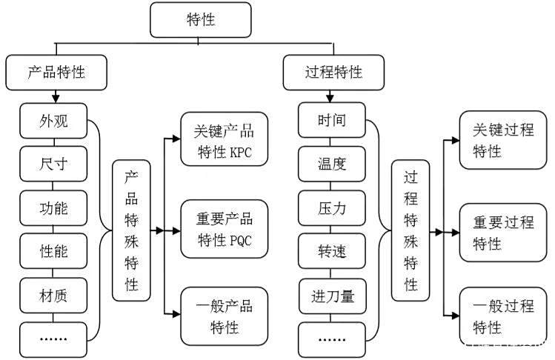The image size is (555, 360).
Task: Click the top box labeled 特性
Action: [x=201, y=20]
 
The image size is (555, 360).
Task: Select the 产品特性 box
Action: [x=56, y=72]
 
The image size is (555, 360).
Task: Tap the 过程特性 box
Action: [x=333, y=72]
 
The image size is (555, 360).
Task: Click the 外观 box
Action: [x=53, y=121]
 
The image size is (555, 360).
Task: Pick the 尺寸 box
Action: [x=53, y=164]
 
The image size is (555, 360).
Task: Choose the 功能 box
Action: [x=53, y=208]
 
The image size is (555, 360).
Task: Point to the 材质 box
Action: [x=53, y=296]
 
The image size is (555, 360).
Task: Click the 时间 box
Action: [x=332, y=120]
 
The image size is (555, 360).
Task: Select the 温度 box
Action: [x=332, y=164]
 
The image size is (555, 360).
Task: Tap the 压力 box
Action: [x=332, y=208]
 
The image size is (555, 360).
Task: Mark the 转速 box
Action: [x=332, y=251]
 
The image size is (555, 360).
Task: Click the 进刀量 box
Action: [x=333, y=296]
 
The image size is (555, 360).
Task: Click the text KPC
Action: [x=241, y=152]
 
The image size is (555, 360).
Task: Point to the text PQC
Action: [x=241, y=241]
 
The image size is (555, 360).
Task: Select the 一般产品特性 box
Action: [x=225, y=316]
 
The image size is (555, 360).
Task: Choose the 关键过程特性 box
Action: [x=503, y=140]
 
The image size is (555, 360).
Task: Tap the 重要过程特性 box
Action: [x=503, y=233]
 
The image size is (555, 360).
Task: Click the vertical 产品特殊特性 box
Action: [x=131, y=230]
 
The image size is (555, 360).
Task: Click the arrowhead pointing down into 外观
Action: [x=56, y=99]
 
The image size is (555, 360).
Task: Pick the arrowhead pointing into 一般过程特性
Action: [x=455, y=315]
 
